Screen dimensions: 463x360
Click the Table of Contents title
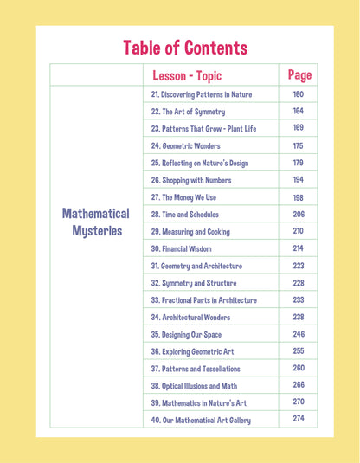click(185, 47)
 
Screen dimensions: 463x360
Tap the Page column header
click(299, 74)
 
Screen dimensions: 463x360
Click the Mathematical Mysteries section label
click(96, 222)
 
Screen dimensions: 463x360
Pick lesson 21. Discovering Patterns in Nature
click(202, 94)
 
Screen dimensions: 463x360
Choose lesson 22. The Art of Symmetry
click(188, 112)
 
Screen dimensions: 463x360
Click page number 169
click(299, 129)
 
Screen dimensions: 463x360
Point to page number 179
click(299, 163)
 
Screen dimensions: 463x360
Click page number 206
click(299, 214)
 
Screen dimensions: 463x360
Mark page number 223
click(299, 266)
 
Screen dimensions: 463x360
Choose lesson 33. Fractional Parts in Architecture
click(203, 300)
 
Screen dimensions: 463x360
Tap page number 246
click(299, 334)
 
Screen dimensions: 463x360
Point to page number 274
click(299, 420)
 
